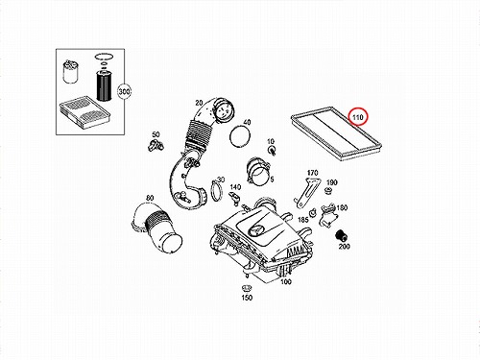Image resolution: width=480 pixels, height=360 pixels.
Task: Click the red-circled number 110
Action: point(358,117)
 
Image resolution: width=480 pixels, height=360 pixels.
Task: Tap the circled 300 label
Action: point(124,92)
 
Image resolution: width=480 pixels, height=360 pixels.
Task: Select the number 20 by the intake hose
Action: point(199,103)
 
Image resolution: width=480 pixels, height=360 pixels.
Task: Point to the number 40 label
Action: point(247,122)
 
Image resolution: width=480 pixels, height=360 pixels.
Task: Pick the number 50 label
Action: point(156,134)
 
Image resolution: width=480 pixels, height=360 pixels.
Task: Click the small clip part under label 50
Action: point(156,145)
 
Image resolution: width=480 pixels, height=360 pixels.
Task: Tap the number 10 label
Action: point(271,141)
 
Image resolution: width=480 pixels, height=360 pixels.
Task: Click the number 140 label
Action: point(235,187)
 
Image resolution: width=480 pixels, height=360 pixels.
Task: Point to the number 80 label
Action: point(150,198)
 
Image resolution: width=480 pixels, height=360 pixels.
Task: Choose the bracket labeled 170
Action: point(306,192)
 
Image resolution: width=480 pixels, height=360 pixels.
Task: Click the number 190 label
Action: point(331,182)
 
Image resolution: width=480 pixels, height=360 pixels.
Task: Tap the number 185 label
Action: point(303,220)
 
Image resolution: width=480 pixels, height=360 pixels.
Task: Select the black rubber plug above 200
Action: point(341,236)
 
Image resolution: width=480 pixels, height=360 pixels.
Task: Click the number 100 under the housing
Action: point(286,281)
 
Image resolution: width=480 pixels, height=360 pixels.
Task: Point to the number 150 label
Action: point(247,298)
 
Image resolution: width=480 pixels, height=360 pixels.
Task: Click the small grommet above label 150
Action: point(247,288)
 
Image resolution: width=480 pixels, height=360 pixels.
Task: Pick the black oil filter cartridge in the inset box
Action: point(104,85)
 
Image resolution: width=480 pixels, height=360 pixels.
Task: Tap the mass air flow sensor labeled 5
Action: point(258,170)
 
